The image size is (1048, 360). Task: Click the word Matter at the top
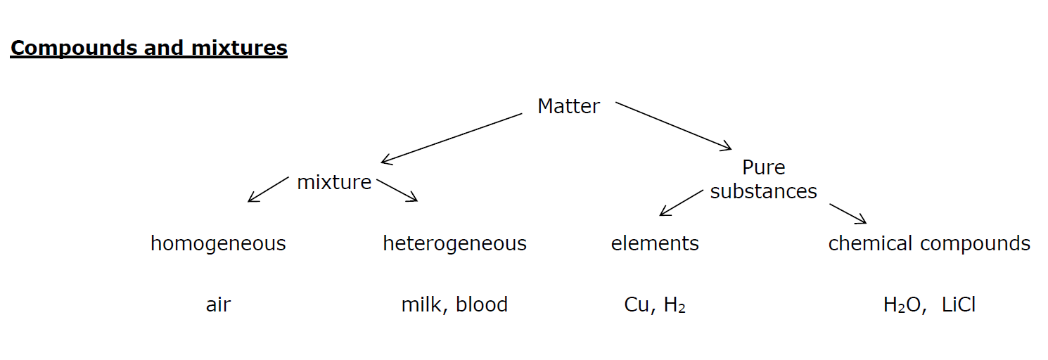[568, 106]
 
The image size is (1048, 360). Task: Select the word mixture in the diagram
[334, 182]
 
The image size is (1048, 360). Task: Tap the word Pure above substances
[764, 167]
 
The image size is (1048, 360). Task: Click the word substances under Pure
[764, 191]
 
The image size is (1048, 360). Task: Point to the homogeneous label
[218, 244]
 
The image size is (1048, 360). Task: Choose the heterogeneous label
[454, 244]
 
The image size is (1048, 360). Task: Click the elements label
[655, 244]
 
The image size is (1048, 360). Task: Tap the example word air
[218, 305]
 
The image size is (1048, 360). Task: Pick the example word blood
[482, 305]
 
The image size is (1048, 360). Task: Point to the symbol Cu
[637, 305]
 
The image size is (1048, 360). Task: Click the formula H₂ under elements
[675, 305]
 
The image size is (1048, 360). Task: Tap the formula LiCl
[959, 305]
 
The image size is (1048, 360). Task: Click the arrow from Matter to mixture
[452, 139]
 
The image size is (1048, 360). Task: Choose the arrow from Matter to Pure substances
[673, 125]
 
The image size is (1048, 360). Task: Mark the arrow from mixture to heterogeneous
[397, 190]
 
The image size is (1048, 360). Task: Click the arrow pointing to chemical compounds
[848, 214]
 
